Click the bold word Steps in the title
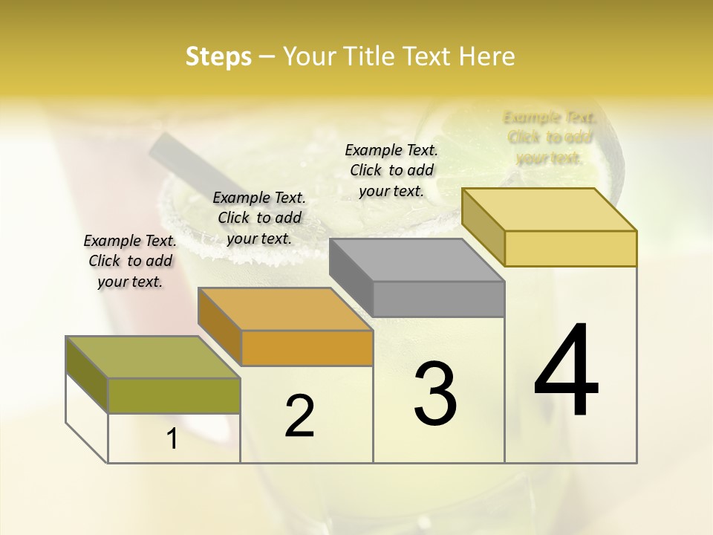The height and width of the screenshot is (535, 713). point(218,56)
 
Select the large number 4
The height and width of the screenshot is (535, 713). point(566,372)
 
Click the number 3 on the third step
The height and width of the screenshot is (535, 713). point(435,394)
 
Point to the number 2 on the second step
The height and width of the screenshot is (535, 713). point(300,416)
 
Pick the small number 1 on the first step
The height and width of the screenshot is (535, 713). point(172,439)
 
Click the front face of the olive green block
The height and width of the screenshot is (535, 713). point(174,395)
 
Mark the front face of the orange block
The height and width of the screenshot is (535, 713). point(307,348)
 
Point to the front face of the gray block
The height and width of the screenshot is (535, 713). point(438,299)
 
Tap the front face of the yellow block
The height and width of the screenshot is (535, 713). point(570,248)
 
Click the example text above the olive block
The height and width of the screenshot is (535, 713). point(130,261)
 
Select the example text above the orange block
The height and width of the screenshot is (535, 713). point(259,218)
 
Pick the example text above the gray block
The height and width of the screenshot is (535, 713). point(391,170)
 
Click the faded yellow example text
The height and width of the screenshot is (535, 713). point(550,137)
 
